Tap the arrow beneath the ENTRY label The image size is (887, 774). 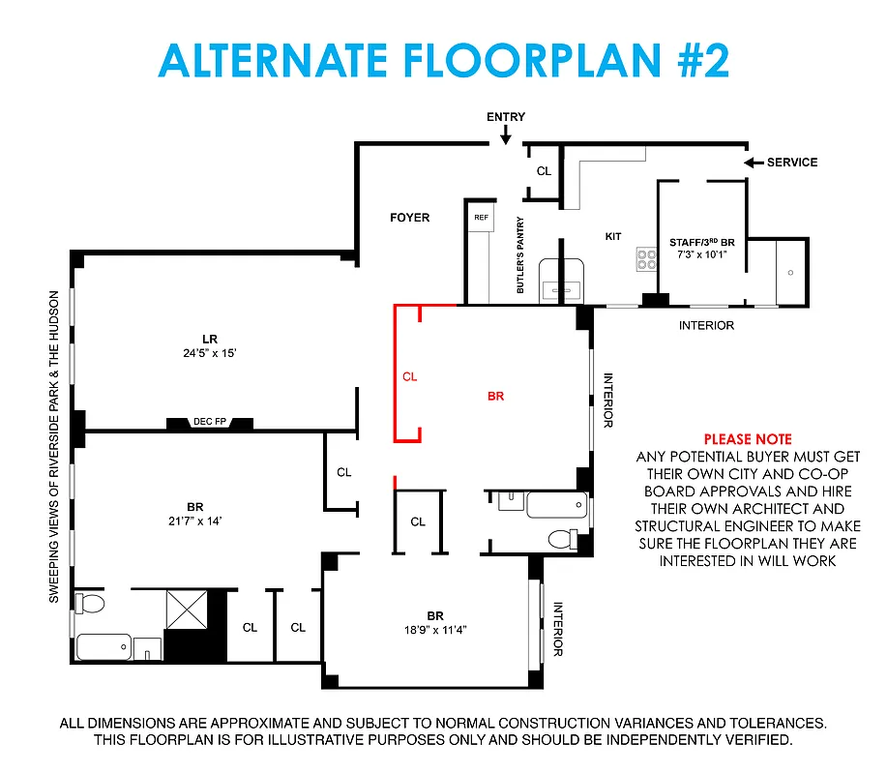coord(506,138)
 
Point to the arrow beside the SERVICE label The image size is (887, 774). coord(754,163)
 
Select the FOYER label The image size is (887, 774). coord(409,218)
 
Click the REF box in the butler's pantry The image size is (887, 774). coord(481,218)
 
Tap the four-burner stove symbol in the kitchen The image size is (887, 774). coord(645,259)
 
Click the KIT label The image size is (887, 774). coord(613,236)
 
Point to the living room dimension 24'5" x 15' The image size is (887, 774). coord(209,353)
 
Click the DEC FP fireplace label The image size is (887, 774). coord(210,421)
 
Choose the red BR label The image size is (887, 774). coord(495,396)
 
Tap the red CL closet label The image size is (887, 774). coord(409,376)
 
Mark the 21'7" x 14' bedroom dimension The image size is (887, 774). coord(196,521)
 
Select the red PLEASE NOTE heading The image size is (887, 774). coord(747,439)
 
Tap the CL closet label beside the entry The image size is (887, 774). coord(544,171)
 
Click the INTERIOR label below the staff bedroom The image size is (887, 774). coord(706,326)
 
